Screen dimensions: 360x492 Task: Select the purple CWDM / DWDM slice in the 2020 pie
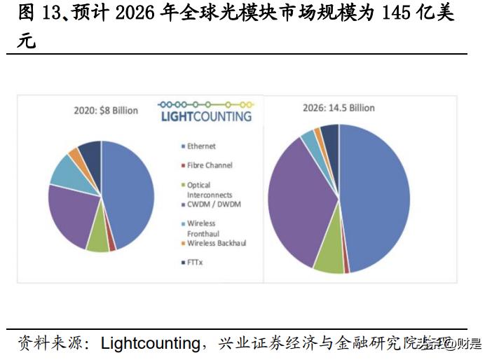[70, 214]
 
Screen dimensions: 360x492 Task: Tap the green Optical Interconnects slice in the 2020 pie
[97, 240]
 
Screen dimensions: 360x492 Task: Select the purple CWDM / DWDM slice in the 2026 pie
[298, 203]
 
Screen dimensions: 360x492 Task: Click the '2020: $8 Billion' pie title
[106, 111]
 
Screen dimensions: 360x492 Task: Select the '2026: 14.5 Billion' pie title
[339, 108]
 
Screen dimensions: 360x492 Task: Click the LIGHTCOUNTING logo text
[206, 116]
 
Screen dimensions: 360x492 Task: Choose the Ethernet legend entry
[201, 146]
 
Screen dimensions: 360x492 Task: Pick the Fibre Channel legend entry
[210, 165]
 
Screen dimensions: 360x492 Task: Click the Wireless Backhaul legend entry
[216, 243]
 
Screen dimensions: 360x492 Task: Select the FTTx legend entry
[196, 263]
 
